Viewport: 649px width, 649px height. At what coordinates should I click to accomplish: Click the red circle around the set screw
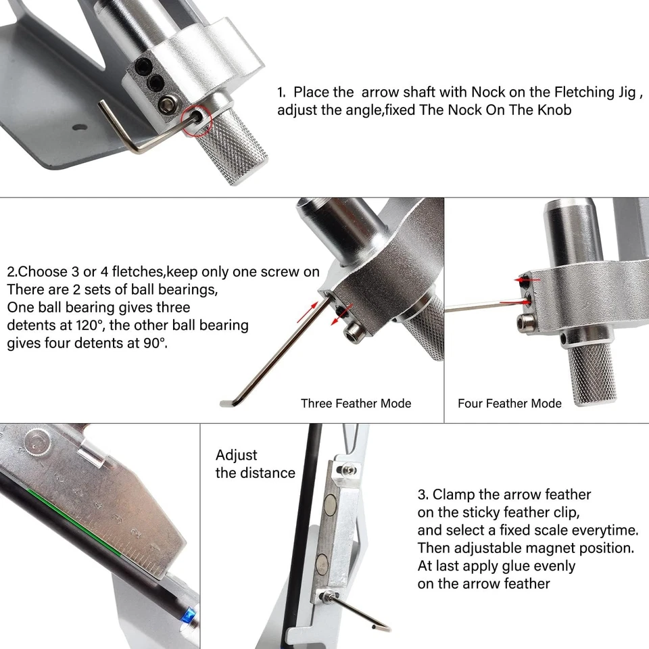(197, 121)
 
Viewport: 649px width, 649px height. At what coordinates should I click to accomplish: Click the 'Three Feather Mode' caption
(356, 404)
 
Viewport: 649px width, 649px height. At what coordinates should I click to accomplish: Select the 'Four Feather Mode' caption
(509, 404)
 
